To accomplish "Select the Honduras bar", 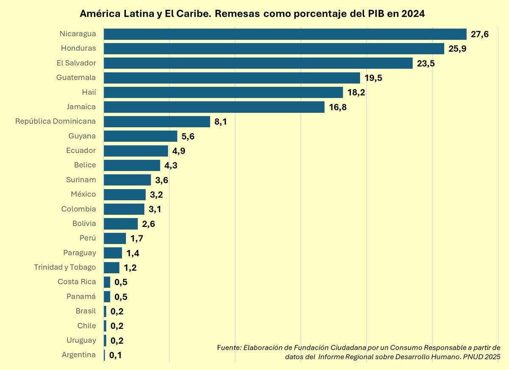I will coord(274,48).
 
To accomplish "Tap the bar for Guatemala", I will coord(232,78).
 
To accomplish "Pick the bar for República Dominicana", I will coord(157,121).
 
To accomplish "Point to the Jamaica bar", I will coord(214,107).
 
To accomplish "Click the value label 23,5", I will coord(426,64).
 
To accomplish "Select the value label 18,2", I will coord(356,92).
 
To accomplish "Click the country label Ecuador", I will coord(81,151).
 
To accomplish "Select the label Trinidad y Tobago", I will coord(65,267).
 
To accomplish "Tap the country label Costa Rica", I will coord(77,282).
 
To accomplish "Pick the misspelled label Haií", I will coord(89,92).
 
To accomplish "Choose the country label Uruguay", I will coord(81,340).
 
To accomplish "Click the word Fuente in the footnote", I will coord(229,348).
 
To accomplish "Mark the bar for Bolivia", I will coord(121,224).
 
